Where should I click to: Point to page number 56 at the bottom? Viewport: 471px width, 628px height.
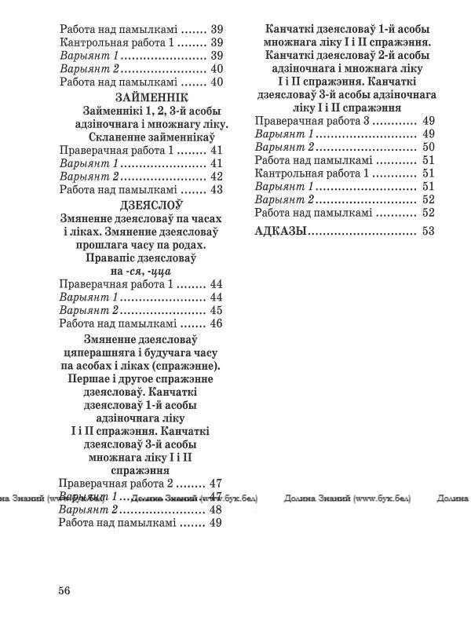click(64, 591)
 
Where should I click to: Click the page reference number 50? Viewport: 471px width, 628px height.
click(428, 148)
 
